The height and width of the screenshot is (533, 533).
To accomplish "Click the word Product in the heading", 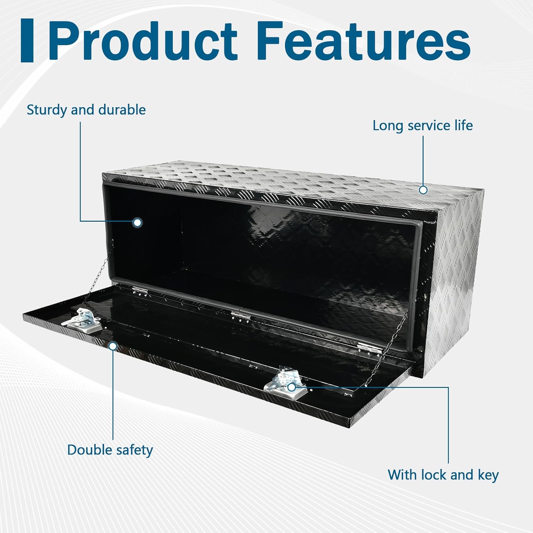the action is [142, 42].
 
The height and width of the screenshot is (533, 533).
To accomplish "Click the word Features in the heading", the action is [366, 42].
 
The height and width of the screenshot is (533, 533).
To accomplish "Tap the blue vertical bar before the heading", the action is [27, 41].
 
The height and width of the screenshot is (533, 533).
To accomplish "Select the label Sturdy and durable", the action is [86, 110].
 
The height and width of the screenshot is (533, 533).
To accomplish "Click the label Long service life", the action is [422, 125].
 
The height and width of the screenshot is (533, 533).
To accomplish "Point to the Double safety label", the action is [110, 450].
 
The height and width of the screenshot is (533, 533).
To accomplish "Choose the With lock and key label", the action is [443, 475].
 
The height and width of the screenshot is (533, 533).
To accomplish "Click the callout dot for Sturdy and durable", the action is [137, 223].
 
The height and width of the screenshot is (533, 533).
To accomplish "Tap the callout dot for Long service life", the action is [423, 190].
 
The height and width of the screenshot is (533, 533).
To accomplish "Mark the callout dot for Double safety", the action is [113, 346].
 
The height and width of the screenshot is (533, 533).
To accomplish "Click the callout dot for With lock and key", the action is [291, 387].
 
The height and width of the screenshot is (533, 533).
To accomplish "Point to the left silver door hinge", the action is [140, 290].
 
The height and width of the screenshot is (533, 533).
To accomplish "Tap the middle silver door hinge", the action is [240, 315].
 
